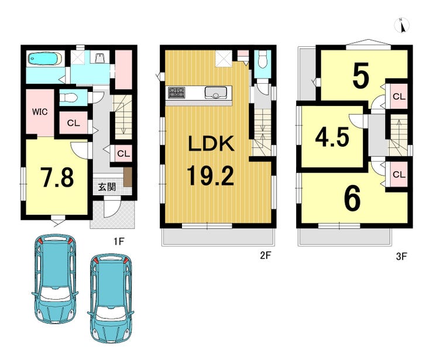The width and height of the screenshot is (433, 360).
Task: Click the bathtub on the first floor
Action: pos(45,59)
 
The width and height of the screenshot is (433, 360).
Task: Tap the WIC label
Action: pos(40,112)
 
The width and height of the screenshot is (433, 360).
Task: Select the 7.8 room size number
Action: pos(57,177)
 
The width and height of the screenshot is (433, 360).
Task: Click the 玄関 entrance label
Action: pos(107,187)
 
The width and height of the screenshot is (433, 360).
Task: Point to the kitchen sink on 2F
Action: pos(216,92)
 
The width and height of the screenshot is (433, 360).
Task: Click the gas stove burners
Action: pos(177,92)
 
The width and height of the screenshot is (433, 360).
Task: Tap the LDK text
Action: pos(211,143)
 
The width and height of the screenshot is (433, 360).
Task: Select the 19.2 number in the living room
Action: pos(211,176)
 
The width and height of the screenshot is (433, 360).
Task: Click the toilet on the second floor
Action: pos(262,60)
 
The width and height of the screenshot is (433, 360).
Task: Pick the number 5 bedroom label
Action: pos(361,75)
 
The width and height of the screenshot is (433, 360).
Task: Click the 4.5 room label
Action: pos(332,138)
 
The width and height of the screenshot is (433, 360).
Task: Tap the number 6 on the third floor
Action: pos(352,197)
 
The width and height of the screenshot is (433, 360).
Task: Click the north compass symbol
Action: pos(402,25)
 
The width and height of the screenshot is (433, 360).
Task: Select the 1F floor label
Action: pos(119,242)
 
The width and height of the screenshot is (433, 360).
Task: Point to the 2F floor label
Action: pos(266,256)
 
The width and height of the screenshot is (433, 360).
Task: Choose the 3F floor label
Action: pos(401,256)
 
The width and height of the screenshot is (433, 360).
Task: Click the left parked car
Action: pos(55,279)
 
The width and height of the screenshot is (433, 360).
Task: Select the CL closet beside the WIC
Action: pos(74,123)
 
